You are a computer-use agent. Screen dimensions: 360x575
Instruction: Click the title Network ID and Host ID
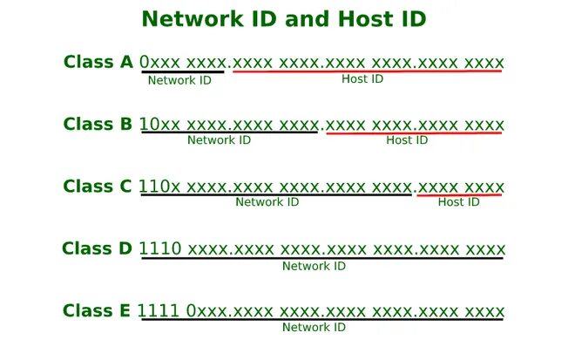pos(284,18)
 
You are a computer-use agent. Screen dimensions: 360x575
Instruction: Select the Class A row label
pos(98,62)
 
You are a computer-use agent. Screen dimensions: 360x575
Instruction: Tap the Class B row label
pos(98,124)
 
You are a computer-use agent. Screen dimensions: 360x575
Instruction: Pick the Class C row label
pos(98,187)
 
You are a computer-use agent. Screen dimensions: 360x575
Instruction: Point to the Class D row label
pos(98,248)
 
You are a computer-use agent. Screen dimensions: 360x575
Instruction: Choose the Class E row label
pos(98,311)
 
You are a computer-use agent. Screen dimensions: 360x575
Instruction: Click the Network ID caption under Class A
pos(179,80)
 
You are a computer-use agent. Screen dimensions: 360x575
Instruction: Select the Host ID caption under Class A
pos(362,79)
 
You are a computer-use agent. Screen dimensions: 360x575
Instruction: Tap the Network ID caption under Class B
pos(219,139)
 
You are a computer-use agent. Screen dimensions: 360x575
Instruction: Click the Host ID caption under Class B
pos(407,139)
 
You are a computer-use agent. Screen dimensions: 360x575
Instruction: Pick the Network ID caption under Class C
pos(267,202)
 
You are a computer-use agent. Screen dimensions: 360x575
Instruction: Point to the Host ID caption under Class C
pos(458,202)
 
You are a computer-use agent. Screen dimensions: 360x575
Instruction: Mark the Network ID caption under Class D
pos(314,266)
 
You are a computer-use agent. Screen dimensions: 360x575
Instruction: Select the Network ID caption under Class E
pos(314,328)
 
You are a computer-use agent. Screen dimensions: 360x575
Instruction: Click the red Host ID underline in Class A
pos(367,71)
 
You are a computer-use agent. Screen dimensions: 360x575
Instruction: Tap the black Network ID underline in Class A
pos(183,71)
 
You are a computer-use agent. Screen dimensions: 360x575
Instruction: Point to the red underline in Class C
pos(459,195)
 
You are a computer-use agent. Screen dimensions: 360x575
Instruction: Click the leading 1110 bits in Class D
pos(160,249)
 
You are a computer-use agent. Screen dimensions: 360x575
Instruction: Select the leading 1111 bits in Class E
pos(160,311)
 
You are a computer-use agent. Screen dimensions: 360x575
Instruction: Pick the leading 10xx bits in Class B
pos(161,125)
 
